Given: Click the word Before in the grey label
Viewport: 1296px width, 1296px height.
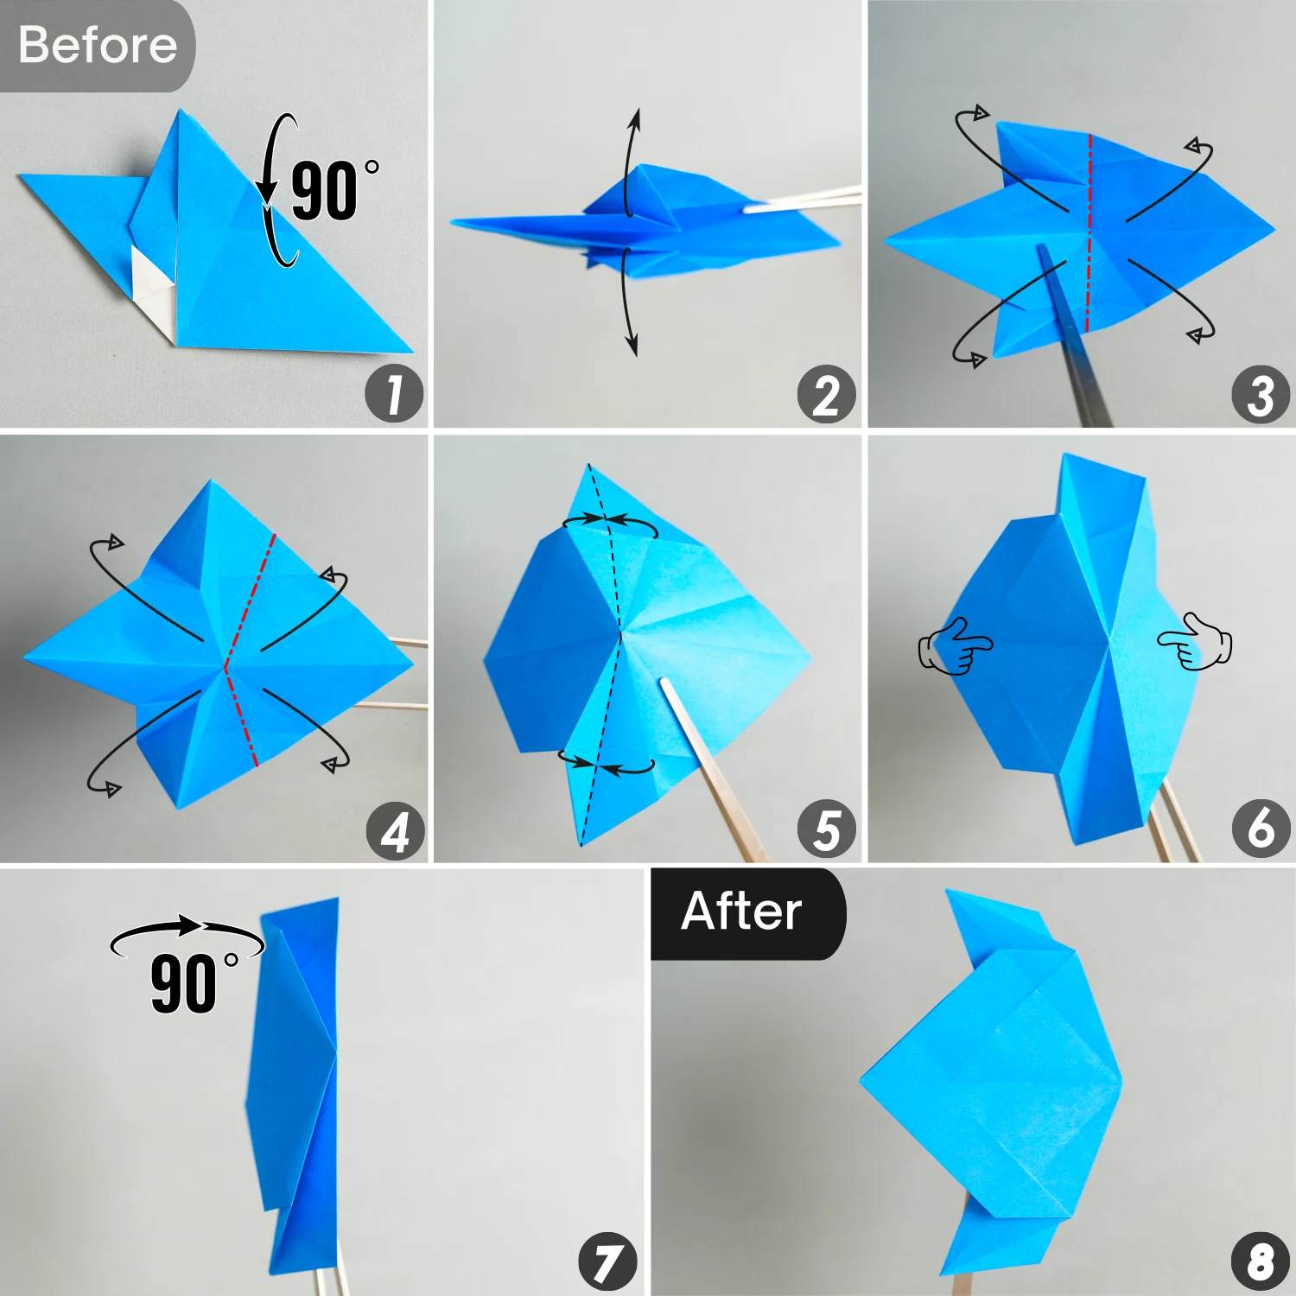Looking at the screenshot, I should pos(97,45).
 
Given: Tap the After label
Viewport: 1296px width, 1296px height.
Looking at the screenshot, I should pos(741,912).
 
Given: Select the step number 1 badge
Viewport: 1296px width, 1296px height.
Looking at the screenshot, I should pos(394,394).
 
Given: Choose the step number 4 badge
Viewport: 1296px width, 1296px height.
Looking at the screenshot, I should pos(395,831).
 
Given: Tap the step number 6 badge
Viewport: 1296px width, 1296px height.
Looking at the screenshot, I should pos(1261,828).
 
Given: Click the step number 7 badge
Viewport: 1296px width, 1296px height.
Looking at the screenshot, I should pos(607,1261).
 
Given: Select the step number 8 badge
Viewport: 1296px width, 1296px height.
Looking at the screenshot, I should pos(1261,1261).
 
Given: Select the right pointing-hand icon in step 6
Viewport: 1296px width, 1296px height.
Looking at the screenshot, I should pos(1196,641).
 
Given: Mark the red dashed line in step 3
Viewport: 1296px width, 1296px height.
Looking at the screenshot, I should pos(1089,233).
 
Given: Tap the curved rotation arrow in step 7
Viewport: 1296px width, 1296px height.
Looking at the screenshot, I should pos(186,931).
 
